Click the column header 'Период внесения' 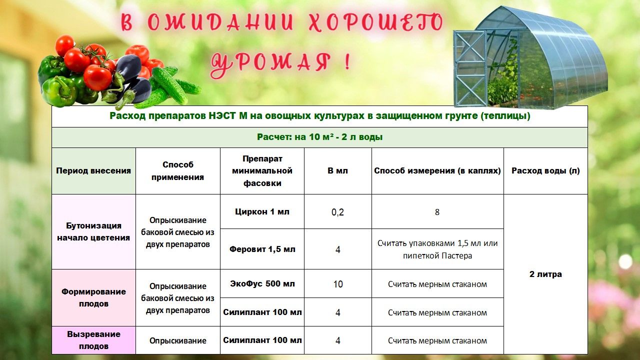93,171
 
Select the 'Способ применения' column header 177,171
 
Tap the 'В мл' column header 337,171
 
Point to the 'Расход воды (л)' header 545,171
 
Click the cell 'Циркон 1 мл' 262,211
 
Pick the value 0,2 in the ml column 337,212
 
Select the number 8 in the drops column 437,212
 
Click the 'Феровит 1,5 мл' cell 262,249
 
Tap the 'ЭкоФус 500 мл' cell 262,283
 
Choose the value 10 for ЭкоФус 337,284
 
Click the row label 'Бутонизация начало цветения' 93,231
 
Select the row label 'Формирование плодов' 93,297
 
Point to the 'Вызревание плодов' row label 93,340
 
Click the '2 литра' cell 545,274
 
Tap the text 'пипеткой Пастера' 437,255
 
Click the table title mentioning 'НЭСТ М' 319,116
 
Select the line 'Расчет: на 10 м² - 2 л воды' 319,137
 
